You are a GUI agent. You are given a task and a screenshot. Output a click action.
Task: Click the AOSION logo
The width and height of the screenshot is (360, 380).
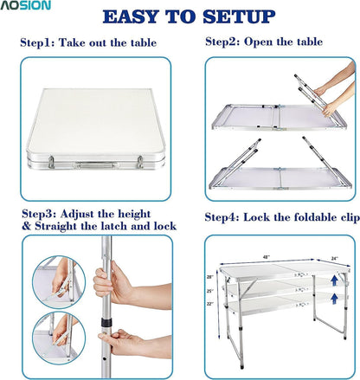(x=25, y=5)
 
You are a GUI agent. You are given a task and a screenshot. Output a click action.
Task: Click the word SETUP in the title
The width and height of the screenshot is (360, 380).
(x=239, y=17)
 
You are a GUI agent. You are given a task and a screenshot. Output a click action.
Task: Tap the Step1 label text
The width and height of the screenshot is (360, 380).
(x=36, y=42)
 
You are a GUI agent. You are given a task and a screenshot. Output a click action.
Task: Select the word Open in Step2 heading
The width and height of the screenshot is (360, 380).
(x=258, y=42)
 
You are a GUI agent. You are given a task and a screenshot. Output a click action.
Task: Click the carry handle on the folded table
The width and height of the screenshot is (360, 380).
(x=97, y=165)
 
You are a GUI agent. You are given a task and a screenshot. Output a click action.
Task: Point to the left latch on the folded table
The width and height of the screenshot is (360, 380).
(x=51, y=162)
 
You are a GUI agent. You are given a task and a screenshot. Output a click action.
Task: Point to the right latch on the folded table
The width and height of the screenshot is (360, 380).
(x=140, y=162)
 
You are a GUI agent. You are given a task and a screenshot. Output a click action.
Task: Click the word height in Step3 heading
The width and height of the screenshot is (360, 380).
(x=134, y=215)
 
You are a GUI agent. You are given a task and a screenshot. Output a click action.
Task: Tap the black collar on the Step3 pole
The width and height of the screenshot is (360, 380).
(x=106, y=323)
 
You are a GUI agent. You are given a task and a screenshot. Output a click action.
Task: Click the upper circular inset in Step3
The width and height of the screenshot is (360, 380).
(x=59, y=282)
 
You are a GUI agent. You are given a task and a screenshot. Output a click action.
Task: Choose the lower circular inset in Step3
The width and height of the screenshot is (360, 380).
(x=59, y=338)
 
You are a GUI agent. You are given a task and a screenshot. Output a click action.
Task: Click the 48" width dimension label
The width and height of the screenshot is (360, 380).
(x=266, y=257)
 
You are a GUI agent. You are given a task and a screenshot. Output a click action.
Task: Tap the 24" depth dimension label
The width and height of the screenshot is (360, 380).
(x=335, y=258)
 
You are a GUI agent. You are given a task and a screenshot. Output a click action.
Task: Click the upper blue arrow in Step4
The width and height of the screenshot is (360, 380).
(x=334, y=280)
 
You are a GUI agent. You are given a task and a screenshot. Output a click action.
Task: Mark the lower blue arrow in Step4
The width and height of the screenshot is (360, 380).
(x=334, y=299)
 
